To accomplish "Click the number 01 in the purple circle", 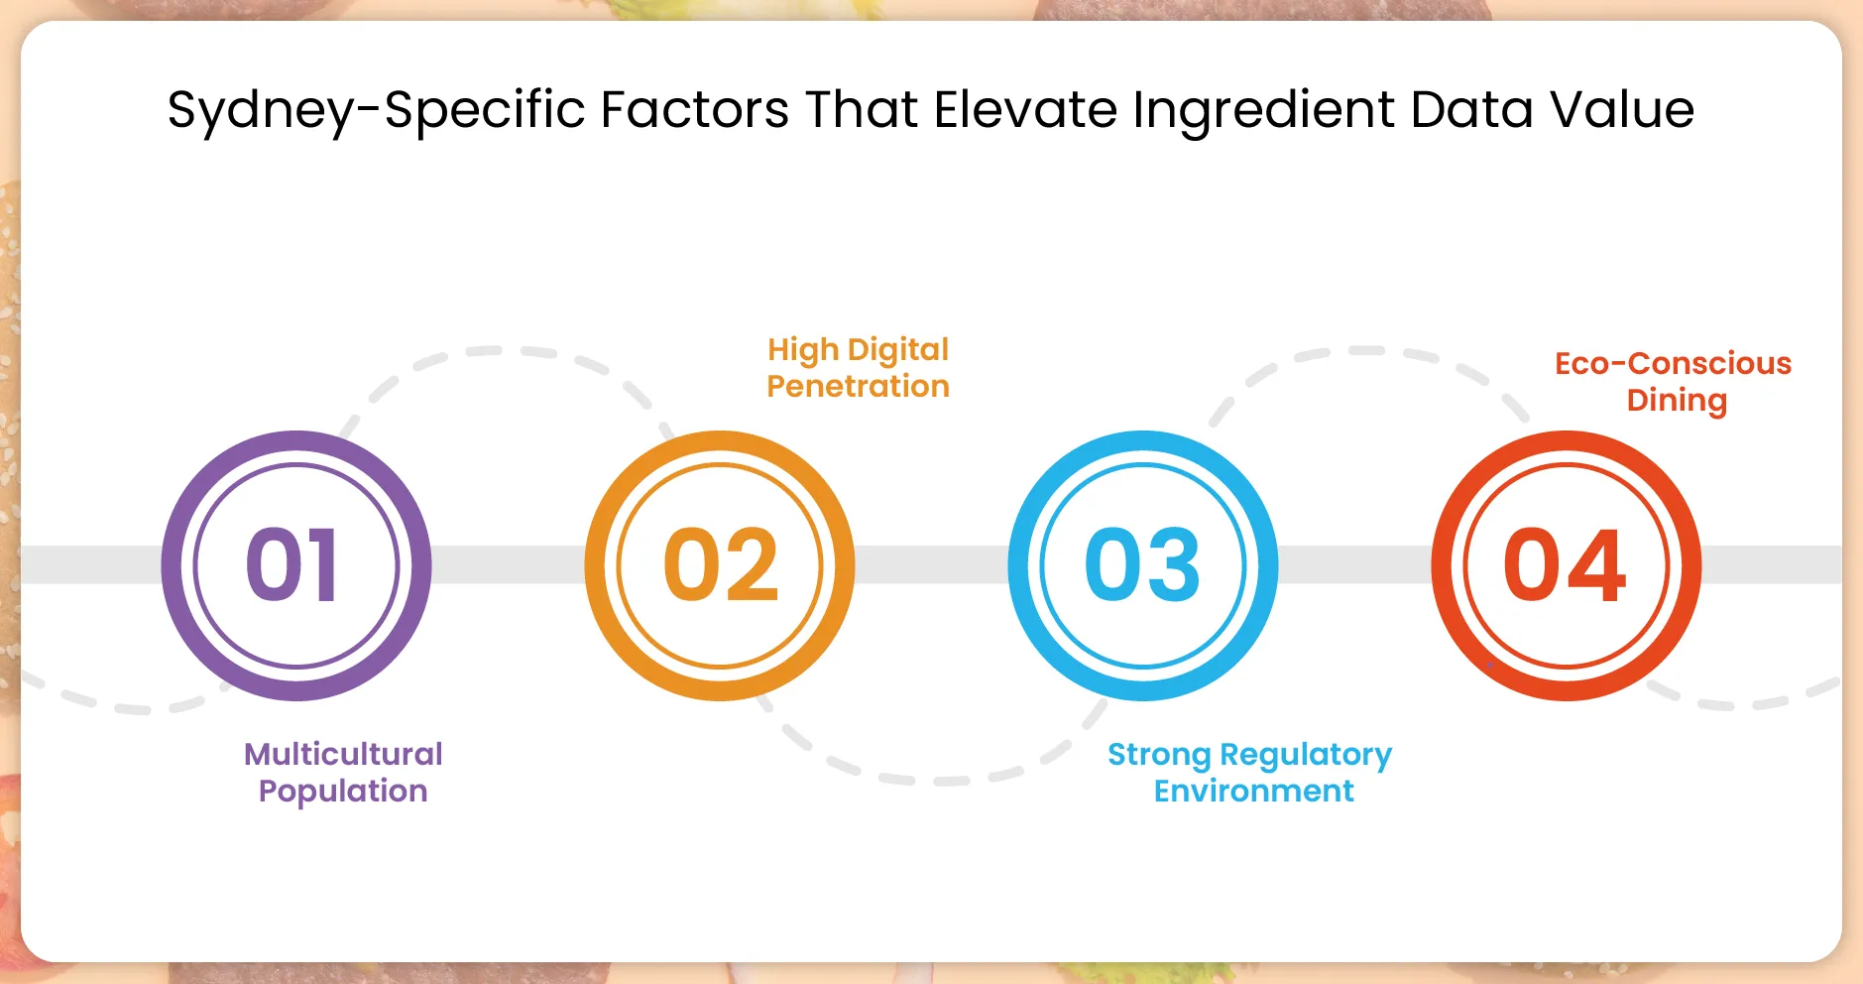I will (293, 565).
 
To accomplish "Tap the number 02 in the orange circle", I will (721, 565).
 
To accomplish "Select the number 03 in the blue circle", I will (1142, 565).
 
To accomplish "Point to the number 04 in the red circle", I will (1565, 565).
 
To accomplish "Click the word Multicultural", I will (343, 754).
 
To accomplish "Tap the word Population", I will (343, 792).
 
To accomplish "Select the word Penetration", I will (858, 386).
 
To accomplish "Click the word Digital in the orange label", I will (898, 350).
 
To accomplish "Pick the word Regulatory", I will (1306, 756).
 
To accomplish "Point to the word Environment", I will (1253, 792).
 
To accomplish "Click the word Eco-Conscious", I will (1673, 364).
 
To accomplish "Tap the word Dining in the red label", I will (1677, 401).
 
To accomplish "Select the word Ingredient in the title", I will (1263, 110).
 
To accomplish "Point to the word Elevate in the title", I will (1025, 109).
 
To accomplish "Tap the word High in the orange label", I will (803, 350).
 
